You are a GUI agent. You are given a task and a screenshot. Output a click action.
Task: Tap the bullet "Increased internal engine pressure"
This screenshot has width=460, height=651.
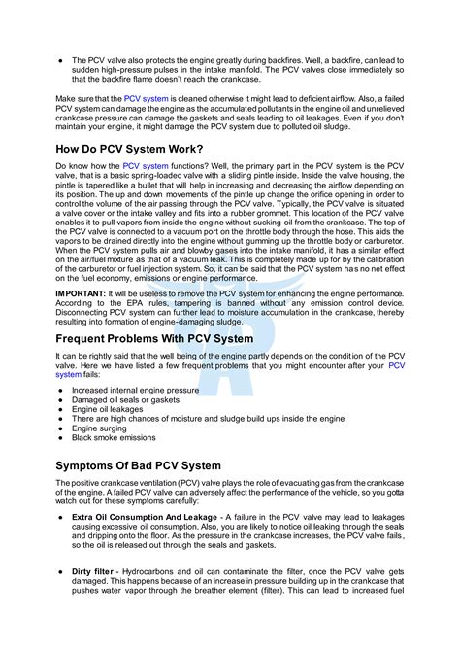pos(142,390)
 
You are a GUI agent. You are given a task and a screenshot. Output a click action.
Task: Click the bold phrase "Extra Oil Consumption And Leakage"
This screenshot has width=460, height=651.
pos(144,516)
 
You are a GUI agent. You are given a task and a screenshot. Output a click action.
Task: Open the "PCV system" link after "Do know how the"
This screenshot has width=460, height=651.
pos(146,166)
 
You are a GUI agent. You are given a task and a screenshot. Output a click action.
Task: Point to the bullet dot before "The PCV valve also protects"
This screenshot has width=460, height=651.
pos(60,59)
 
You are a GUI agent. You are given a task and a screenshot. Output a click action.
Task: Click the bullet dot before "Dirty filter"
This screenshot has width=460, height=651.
pos(60,572)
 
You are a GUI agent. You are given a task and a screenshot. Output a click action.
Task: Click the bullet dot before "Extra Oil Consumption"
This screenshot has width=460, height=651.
pos(60,516)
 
